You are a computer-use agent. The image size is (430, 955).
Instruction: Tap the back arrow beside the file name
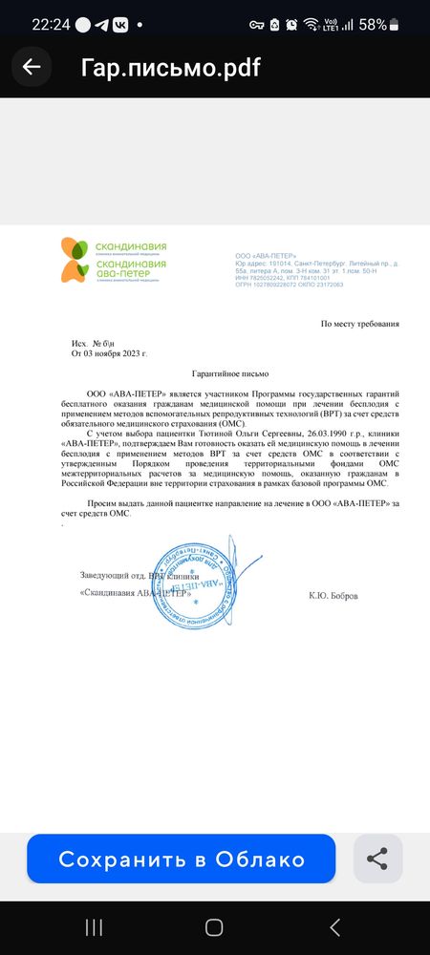coord(32,67)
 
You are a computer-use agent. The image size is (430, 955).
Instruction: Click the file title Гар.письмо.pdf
coord(171,67)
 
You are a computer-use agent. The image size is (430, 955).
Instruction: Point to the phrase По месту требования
coord(360,325)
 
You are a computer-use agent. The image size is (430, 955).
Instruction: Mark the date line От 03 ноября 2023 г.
coord(110,353)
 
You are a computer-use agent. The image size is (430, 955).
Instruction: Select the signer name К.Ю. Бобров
coord(333,596)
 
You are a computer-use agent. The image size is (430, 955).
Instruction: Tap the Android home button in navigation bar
coord(215,925)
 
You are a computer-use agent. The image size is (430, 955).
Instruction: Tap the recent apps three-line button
coord(94,925)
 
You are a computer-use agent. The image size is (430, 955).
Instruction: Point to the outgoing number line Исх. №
coord(93,343)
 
